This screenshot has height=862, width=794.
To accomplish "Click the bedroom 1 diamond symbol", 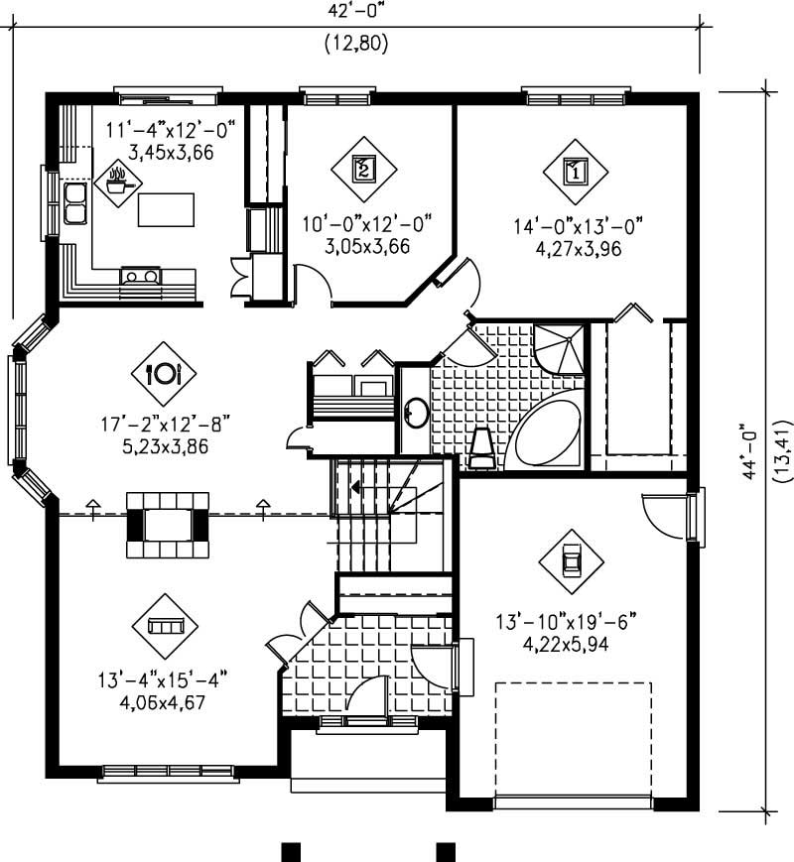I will tap(575, 170).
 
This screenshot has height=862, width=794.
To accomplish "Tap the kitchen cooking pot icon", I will tap(118, 182).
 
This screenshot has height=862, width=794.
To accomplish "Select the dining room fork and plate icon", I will tap(163, 373).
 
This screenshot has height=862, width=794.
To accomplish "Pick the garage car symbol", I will tap(571, 560).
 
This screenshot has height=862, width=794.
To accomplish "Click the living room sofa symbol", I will tap(165, 625).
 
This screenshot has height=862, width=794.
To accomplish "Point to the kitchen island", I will tap(167, 209).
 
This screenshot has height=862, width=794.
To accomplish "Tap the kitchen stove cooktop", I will tap(140, 276).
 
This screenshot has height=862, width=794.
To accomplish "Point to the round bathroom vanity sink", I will tap(416, 411).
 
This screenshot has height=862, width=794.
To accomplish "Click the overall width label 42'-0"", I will tap(355, 12).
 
